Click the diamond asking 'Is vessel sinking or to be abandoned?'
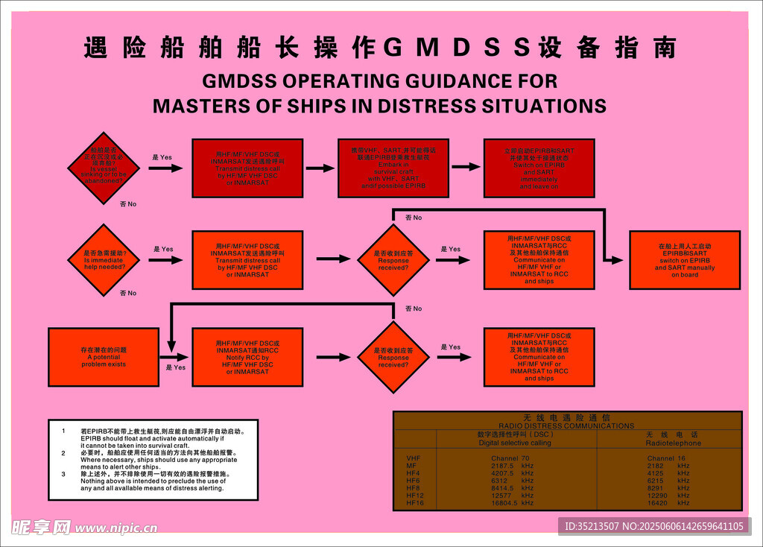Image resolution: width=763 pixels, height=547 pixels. click(104, 168)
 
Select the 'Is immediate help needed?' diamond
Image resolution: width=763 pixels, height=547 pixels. click(104, 259)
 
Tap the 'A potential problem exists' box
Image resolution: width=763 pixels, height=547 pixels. click(104, 357)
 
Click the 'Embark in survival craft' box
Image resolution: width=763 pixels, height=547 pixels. click(393, 168)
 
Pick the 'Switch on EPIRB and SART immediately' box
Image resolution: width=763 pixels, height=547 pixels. click(539, 168)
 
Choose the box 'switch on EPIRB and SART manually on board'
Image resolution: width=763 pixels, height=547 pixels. click(685, 260)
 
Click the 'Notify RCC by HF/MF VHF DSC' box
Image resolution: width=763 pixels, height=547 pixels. click(248, 357)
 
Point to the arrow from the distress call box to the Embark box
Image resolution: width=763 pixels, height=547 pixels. click(320, 168)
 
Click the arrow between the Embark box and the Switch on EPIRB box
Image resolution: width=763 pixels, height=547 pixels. click(466, 167)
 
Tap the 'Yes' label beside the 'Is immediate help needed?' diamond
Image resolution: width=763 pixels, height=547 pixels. click(163, 249)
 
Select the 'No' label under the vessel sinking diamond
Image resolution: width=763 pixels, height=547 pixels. click(128, 203)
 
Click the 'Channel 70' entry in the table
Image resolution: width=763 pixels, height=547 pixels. click(510, 458)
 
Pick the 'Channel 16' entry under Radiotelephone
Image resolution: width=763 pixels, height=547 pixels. click(666, 458)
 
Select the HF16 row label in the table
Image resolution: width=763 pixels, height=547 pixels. click(415, 503)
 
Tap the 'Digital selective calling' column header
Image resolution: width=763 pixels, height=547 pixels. click(515, 443)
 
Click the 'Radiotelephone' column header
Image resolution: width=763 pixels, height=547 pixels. click(672, 443)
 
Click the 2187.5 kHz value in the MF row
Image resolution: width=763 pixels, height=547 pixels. click(512, 466)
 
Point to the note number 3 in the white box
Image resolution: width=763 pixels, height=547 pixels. click(64, 474)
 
